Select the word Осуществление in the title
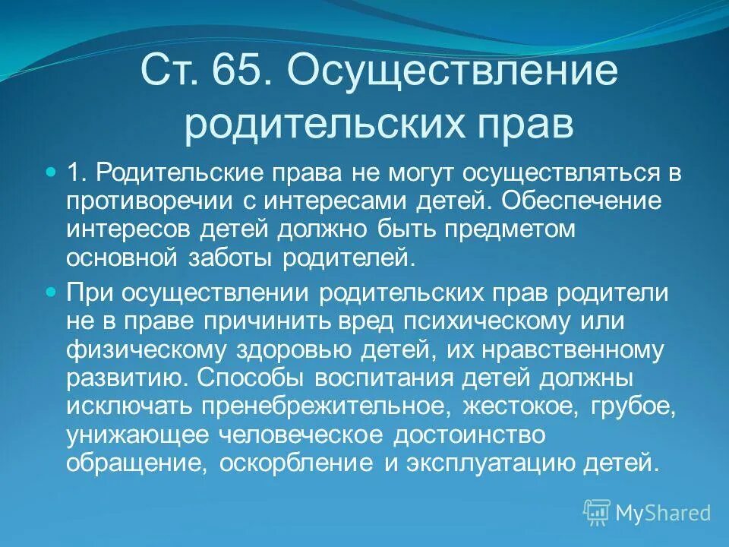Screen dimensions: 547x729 pos(452,72)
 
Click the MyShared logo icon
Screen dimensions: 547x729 pos(597,512)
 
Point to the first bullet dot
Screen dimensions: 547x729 pos(52,174)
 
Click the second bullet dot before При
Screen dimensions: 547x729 pos(52,291)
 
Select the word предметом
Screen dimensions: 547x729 pos(523,230)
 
